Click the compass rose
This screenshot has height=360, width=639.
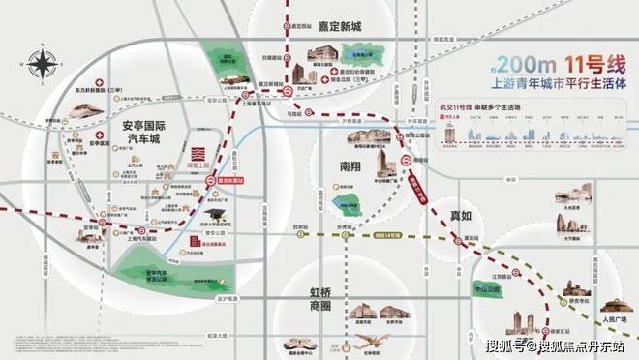[x=43, y=67]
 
